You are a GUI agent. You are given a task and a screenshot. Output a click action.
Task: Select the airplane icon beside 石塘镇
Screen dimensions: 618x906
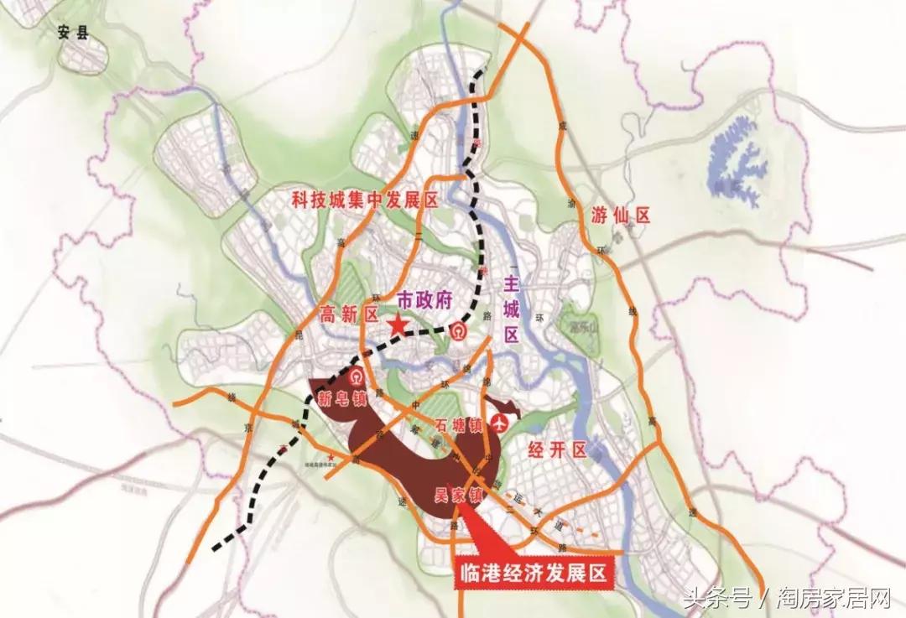(502, 420)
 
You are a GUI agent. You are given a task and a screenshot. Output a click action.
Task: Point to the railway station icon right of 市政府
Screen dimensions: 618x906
(459, 331)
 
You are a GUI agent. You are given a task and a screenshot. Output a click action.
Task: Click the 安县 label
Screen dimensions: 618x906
(74, 34)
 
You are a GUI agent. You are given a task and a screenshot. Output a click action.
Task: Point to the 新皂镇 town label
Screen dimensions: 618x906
(342, 399)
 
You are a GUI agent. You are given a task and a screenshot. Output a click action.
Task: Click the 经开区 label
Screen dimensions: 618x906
(555, 450)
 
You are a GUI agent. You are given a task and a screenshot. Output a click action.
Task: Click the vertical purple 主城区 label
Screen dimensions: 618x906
(511, 309)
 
